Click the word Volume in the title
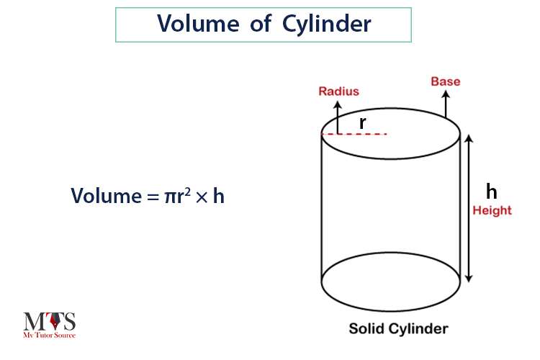point(198,24)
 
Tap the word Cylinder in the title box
point(326,24)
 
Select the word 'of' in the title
point(261,23)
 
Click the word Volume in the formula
point(106,196)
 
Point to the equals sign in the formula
point(153,197)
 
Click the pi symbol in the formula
point(169,197)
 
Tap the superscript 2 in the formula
point(187,192)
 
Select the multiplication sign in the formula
point(202,197)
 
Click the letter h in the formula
point(219,195)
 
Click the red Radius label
point(339,91)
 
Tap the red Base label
point(446,81)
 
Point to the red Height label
point(492,210)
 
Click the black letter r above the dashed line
point(362,122)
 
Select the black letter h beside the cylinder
point(492,192)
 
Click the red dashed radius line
point(354,134)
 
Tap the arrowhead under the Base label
point(446,94)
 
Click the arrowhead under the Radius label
point(338,104)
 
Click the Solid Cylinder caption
point(398,328)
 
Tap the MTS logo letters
point(49,321)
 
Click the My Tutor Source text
point(49,335)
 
